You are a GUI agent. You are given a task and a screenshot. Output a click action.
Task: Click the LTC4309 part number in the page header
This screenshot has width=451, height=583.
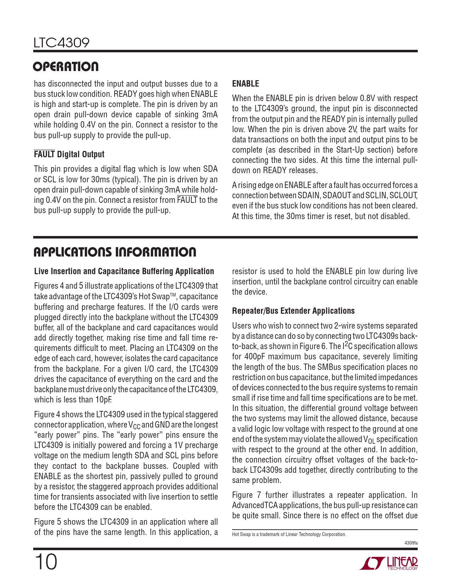(x=62, y=43)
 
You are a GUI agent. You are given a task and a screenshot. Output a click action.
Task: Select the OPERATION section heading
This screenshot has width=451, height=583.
(x=66, y=67)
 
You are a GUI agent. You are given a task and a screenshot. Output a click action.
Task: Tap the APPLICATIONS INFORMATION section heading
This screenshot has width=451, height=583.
(x=115, y=252)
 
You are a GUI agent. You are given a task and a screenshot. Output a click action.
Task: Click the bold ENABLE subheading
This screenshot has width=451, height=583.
(x=245, y=84)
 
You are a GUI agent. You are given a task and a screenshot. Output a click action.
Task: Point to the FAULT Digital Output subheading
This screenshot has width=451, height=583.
(x=69, y=154)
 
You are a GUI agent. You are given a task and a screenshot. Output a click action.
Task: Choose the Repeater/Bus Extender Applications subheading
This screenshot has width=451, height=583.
(x=293, y=311)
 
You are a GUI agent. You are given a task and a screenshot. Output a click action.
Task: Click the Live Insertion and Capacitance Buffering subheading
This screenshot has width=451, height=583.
(x=124, y=271)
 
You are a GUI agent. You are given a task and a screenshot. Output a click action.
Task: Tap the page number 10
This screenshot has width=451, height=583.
(x=45, y=562)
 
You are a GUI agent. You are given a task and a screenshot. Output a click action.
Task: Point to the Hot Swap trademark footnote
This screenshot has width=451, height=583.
(x=289, y=534)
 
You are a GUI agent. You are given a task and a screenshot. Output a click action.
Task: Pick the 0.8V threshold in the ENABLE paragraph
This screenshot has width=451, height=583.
(x=370, y=99)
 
